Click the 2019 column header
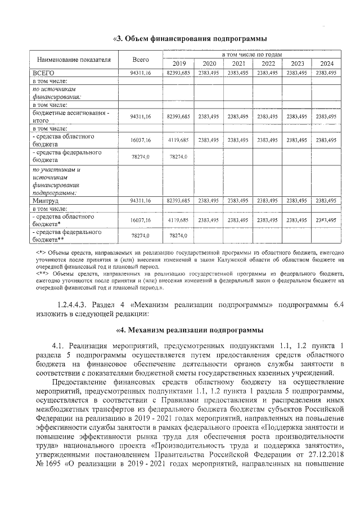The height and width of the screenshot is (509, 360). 178,63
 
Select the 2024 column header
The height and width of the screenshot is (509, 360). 327,63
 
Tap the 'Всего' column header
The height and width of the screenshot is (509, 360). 141,59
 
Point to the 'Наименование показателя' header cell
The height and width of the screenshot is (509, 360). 74,59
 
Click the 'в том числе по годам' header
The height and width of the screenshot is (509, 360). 252,55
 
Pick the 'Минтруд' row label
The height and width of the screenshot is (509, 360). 46,200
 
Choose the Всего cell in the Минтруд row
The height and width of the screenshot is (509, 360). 141,200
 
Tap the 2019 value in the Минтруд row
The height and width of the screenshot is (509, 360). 178,200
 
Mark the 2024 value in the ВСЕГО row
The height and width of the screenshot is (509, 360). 327,73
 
